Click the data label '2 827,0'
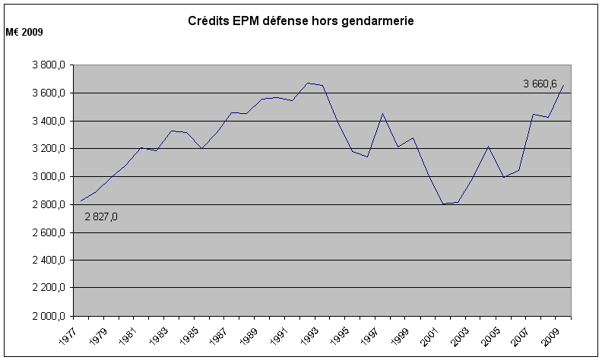point(101,216)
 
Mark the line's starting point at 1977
point(81,201)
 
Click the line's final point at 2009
point(562,85)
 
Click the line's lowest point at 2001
point(442,204)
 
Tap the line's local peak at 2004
point(487,147)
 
